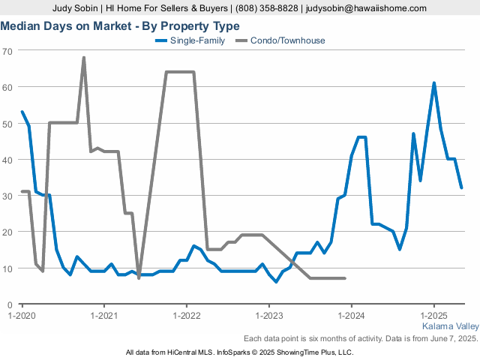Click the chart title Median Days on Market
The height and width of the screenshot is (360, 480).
(66, 26)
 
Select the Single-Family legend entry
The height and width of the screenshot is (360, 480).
(190, 40)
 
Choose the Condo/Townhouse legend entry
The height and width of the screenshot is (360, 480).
(280, 40)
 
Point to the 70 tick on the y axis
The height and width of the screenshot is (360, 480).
(7, 51)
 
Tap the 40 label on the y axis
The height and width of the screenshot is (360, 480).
(7, 160)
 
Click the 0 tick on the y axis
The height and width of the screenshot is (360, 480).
(10, 305)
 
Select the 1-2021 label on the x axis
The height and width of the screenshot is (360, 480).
(104, 315)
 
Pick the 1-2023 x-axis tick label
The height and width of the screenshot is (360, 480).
(269, 315)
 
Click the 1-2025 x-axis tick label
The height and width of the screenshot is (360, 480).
(433, 315)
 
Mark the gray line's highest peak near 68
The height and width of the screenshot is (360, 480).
(83, 58)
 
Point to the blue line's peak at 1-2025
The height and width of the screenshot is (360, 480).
(433, 83)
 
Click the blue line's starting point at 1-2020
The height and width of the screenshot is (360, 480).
(22, 112)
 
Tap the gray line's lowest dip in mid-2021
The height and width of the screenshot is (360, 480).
(139, 278)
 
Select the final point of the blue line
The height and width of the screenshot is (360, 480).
(461, 187)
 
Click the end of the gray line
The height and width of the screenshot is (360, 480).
(345, 278)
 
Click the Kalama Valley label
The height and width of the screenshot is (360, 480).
(451, 326)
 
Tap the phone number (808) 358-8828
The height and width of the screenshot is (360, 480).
(267, 8)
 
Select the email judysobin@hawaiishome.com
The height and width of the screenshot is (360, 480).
(366, 8)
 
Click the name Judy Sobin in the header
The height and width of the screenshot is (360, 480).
(75, 8)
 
